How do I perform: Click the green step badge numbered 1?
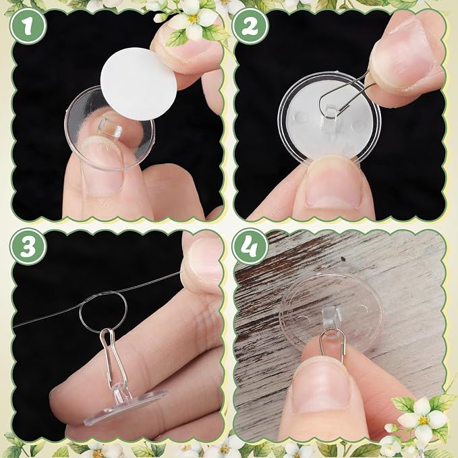28,26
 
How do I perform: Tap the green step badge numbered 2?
250,26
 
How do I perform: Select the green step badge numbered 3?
28,247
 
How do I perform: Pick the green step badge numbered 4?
250,247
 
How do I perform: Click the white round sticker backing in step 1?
138,84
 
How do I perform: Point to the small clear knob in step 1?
110,129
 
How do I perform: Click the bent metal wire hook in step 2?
345,96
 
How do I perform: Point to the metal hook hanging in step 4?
332,345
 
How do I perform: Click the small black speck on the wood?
343,259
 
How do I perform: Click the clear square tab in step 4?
331,318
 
